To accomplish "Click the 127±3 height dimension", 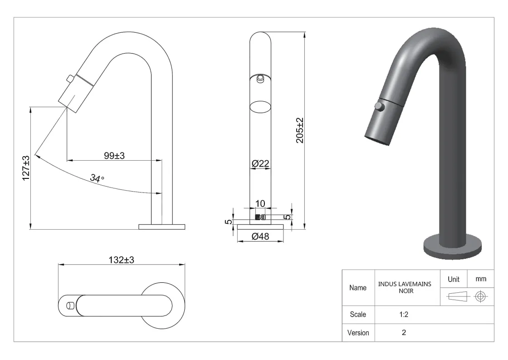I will (26, 168).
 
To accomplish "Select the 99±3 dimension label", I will (114, 156).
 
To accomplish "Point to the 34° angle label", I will (97, 178).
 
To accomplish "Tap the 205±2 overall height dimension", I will (300, 130).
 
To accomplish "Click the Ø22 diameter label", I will (260, 163).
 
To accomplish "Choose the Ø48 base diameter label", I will (260, 236).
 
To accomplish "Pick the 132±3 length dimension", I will (121, 260).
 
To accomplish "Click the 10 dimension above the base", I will (260, 203).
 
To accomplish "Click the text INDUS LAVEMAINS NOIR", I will (405, 287).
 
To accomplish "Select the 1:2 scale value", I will (404, 314).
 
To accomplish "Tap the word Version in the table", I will (358, 333).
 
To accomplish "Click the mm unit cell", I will (480, 279).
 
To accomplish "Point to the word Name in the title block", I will (358, 287).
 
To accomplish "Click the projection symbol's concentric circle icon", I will (480, 296).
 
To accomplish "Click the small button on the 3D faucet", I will (379, 107).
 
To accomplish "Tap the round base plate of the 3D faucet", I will (452, 248).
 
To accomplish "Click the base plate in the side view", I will (161, 227).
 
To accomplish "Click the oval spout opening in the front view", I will (260, 107).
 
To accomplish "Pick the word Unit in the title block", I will (454, 279).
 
